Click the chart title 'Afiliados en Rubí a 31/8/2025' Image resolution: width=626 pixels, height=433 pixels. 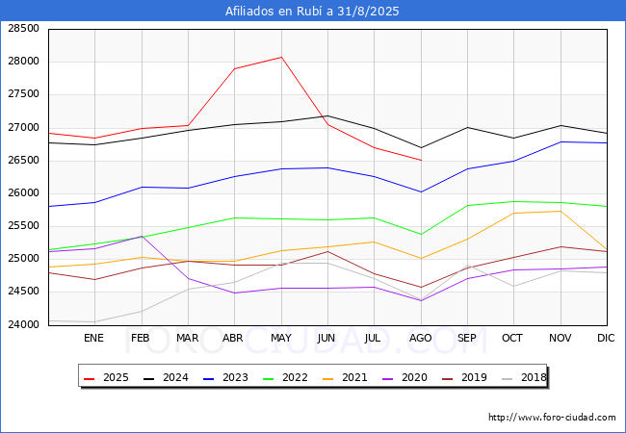(312, 11)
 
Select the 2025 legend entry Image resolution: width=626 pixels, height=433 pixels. (106, 377)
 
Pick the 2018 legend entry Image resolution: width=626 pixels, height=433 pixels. (524, 377)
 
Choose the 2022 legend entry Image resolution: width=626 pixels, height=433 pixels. (285, 377)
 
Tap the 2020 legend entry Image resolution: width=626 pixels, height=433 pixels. (404, 377)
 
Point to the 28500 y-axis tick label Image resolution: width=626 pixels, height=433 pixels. (23, 28)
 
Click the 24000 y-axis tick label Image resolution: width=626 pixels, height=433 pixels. (23, 324)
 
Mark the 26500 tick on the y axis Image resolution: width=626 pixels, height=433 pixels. (23, 161)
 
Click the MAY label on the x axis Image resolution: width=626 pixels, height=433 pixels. (281, 338)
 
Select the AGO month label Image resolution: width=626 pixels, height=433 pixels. (421, 338)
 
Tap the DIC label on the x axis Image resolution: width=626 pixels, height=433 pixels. (606, 338)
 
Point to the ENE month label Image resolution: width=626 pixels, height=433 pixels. (93, 338)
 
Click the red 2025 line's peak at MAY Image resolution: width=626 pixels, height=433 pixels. (281, 57)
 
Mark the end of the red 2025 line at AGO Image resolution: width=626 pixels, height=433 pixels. (421, 161)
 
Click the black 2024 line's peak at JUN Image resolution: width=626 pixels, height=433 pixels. (327, 116)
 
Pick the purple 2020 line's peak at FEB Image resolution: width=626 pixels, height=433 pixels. (142, 236)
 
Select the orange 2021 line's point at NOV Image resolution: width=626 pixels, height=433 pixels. (561, 211)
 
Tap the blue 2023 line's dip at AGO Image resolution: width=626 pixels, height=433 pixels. (421, 192)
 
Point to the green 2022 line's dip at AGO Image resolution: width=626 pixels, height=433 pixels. (421, 235)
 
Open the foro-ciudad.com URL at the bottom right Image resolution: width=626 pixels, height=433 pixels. (552, 418)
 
